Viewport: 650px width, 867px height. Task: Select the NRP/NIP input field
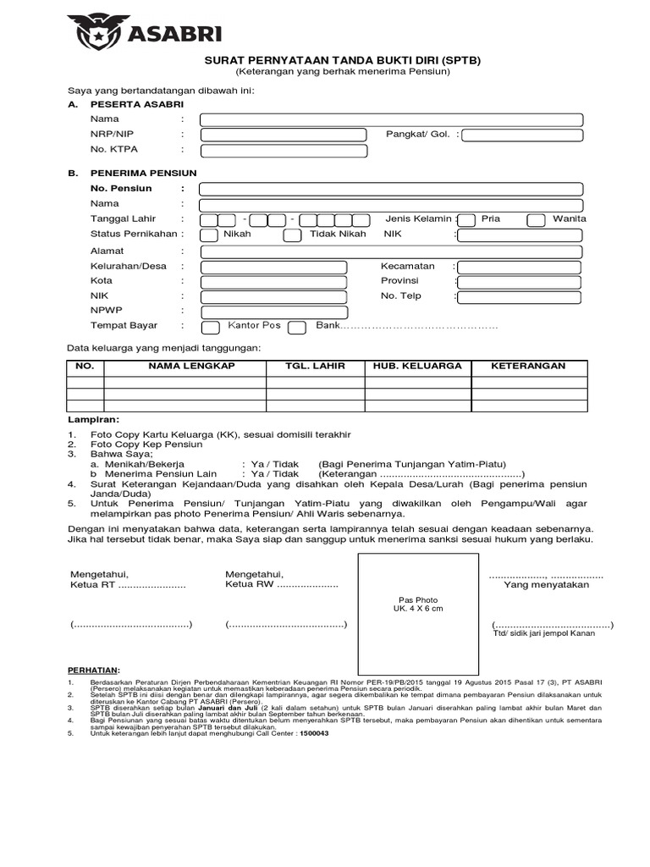pos(284,135)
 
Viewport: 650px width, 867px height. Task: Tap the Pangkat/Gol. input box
pos(522,135)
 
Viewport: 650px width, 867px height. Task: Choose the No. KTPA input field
pos(284,151)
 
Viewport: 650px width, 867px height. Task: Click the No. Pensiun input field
pos(391,189)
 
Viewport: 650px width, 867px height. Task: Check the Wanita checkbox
pos(536,220)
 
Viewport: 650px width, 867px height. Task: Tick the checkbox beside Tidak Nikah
pos(291,235)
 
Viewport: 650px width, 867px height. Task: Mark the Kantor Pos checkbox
pos(211,327)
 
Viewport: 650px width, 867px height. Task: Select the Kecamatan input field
pos(520,268)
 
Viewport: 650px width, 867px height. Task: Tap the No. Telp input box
pos(520,297)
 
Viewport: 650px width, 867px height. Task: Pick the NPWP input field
pos(273,312)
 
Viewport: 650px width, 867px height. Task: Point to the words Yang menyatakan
pos(547,585)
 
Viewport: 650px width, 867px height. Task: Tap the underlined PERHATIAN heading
pos(93,669)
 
